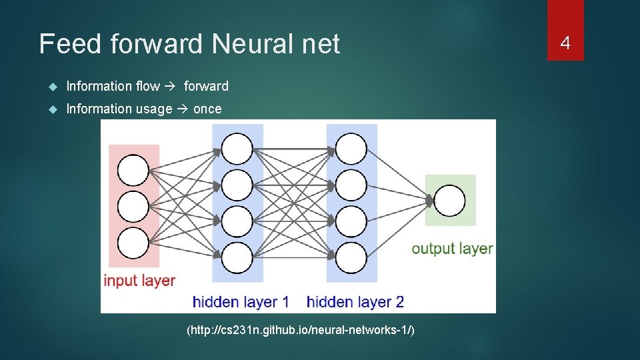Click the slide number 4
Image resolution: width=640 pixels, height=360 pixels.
pyautogui.click(x=565, y=44)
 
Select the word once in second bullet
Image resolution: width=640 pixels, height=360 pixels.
pyautogui.click(x=207, y=109)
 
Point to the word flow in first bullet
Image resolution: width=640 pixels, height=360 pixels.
pyautogui.click(x=148, y=86)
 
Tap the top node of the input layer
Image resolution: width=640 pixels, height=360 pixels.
pyautogui.click(x=133, y=170)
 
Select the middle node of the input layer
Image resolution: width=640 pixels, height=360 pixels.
pyautogui.click(x=133, y=207)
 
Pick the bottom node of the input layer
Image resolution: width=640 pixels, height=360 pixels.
pyautogui.click(x=133, y=243)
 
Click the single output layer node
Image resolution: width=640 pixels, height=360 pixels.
pyautogui.click(x=450, y=201)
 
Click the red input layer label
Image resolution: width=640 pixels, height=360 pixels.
pyautogui.click(x=139, y=281)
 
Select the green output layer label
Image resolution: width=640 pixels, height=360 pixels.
pyautogui.click(x=452, y=249)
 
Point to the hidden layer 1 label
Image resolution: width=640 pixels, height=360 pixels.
pyautogui.click(x=241, y=301)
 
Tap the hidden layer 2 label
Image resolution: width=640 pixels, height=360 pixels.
pyautogui.click(x=355, y=301)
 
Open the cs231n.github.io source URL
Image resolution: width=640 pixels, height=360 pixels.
pyautogui.click(x=301, y=330)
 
